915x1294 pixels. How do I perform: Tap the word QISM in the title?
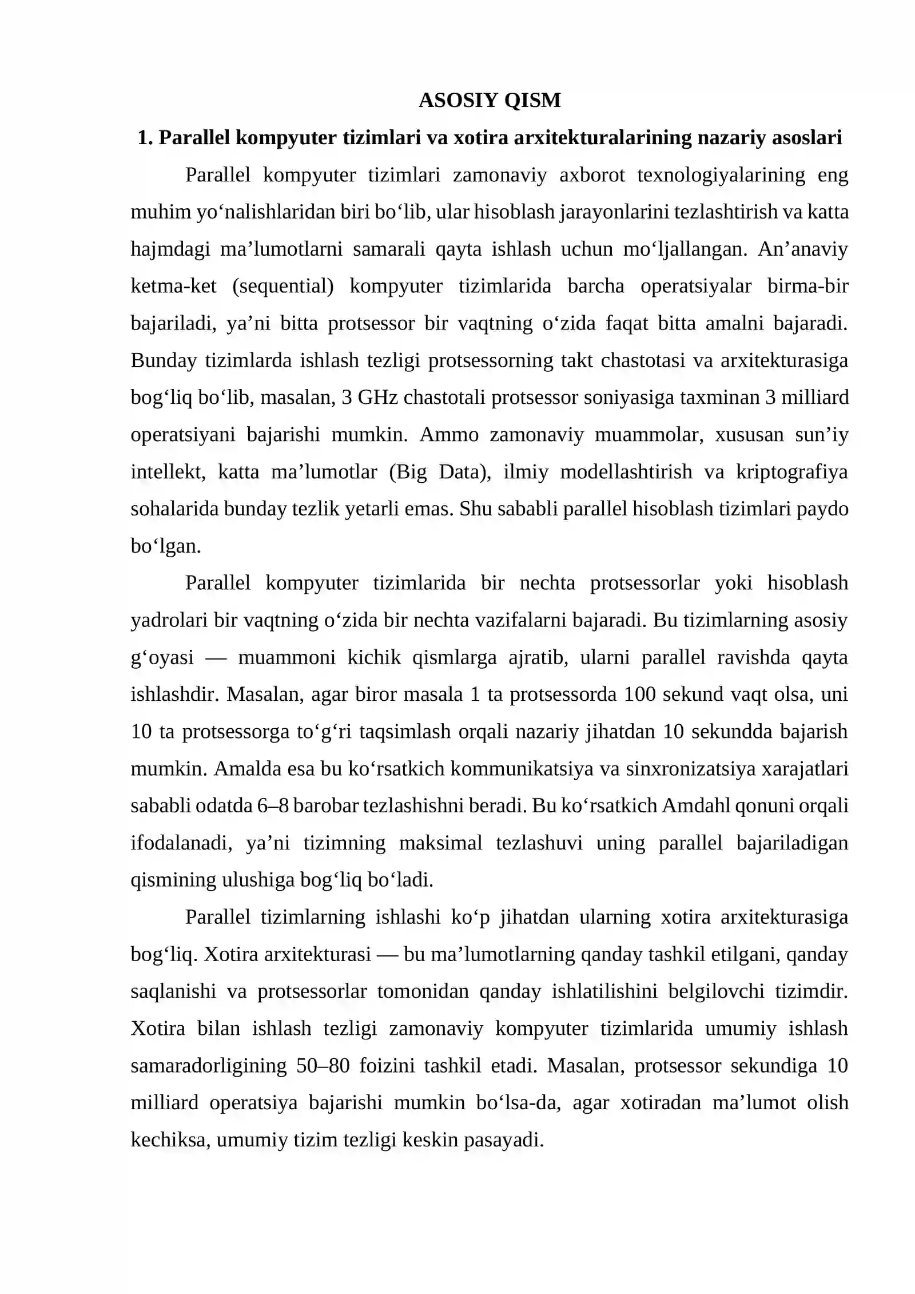pos(532,100)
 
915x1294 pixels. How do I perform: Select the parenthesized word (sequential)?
pos(283,285)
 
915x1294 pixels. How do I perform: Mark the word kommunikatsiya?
pos(522,769)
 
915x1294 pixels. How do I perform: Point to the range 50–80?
pos(323,1066)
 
